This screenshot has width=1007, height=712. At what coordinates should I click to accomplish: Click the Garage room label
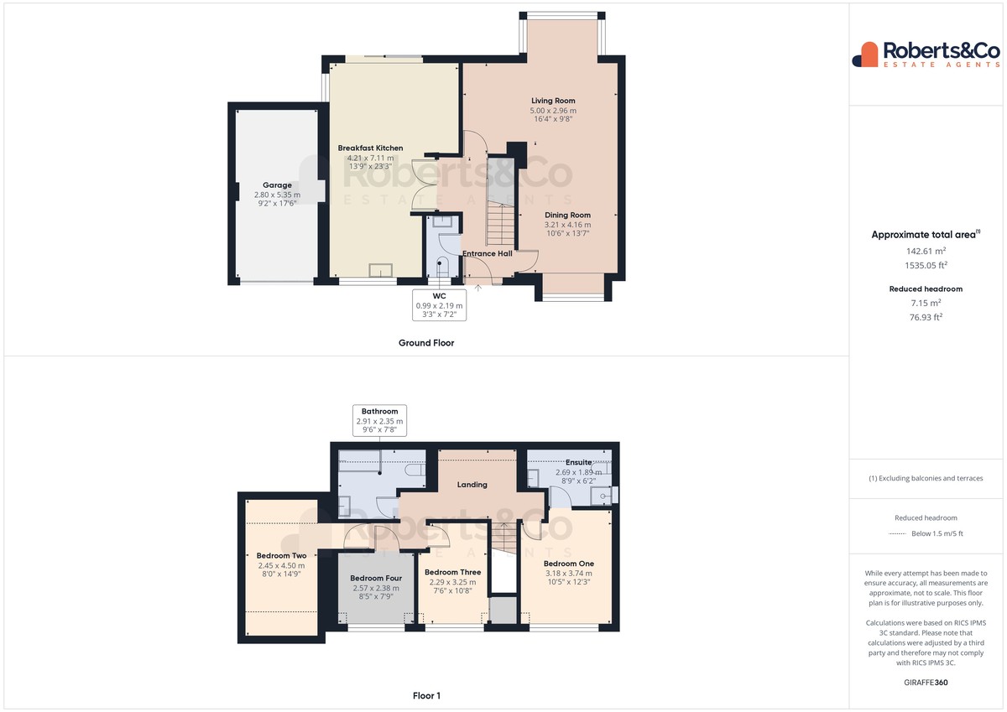point(277,185)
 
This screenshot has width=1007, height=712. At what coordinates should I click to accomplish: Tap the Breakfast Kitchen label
point(370,148)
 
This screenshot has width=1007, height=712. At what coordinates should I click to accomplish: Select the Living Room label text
point(553,101)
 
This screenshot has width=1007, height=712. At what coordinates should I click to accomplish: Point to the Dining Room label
point(567,215)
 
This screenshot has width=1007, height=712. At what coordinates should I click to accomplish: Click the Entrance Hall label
point(488,253)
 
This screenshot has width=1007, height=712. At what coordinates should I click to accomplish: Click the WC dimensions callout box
point(439,305)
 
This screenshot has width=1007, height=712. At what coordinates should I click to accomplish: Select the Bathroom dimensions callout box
point(379,420)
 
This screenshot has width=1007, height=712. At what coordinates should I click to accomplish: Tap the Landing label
point(472,484)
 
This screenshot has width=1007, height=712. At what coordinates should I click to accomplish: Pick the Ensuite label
point(578,462)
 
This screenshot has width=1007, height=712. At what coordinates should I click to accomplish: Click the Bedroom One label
point(569,564)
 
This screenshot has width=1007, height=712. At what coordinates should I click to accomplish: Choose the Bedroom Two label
point(281,556)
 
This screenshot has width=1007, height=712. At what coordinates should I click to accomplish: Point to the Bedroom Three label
point(452,572)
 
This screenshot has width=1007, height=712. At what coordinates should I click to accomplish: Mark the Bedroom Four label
point(376,578)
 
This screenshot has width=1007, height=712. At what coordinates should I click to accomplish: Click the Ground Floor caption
point(426,343)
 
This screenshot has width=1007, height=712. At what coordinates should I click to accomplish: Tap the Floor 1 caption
point(426,696)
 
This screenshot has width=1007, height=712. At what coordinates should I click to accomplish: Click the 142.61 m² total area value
point(926,251)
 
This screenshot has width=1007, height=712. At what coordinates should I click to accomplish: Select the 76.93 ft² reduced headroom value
point(926,317)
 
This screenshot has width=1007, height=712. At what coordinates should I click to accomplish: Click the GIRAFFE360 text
point(926,683)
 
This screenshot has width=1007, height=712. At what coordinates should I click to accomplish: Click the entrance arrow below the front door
point(477,288)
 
